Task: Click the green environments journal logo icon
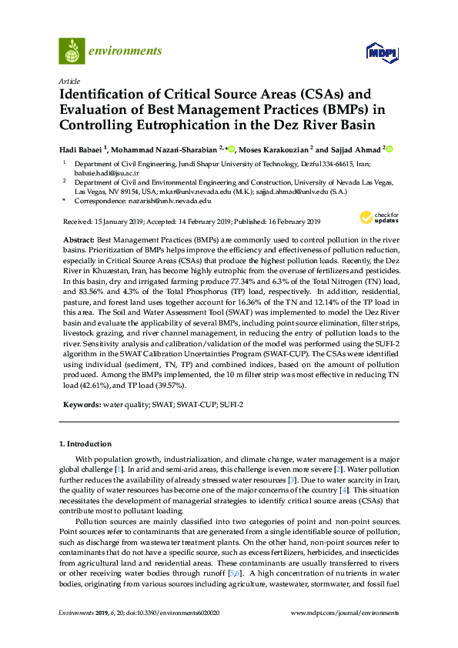(72, 52)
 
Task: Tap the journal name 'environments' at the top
(125, 52)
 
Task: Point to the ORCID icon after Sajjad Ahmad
(389, 149)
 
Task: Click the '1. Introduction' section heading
(85, 444)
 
